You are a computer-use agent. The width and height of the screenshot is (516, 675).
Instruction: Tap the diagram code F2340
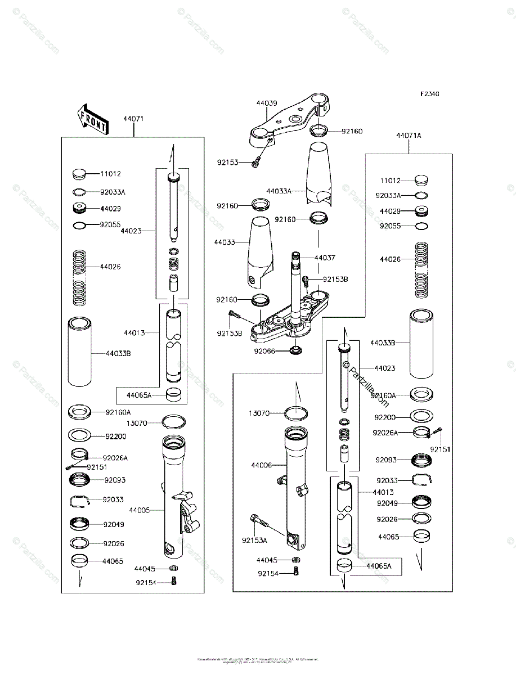pyautogui.click(x=428, y=94)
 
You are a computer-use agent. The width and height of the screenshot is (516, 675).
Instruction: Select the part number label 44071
pyautogui.click(x=133, y=119)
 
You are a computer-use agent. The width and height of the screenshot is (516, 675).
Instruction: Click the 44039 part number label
pyautogui.click(x=266, y=103)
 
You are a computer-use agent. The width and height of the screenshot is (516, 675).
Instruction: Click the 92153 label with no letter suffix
pyautogui.click(x=229, y=163)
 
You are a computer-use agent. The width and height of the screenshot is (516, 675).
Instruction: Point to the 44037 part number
pyautogui.click(x=326, y=257)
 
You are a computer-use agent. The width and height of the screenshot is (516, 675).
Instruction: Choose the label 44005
pyautogui.click(x=139, y=510)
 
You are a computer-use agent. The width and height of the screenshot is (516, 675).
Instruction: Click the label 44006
pyautogui.click(x=262, y=465)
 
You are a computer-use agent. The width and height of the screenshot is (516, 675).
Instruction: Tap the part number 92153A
pyautogui.click(x=255, y=540)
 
